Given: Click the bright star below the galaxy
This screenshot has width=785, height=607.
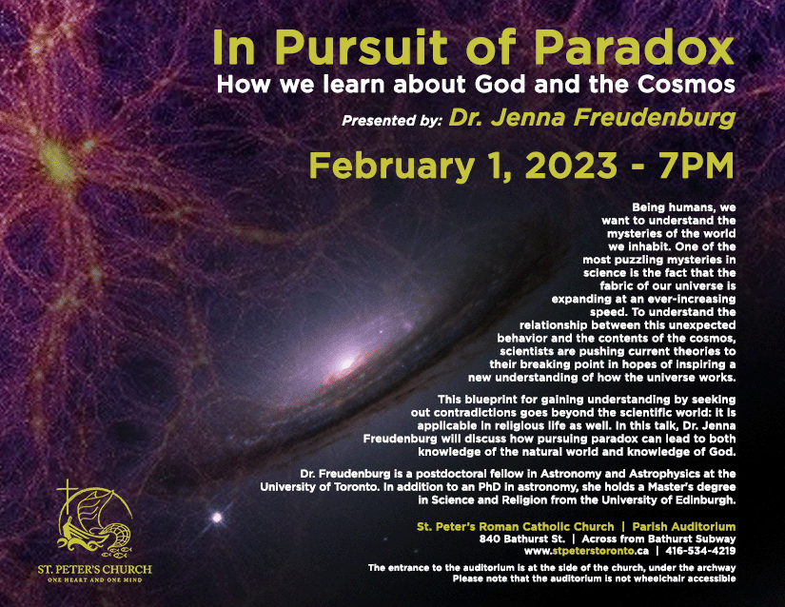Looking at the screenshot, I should [x=220, y=518].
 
